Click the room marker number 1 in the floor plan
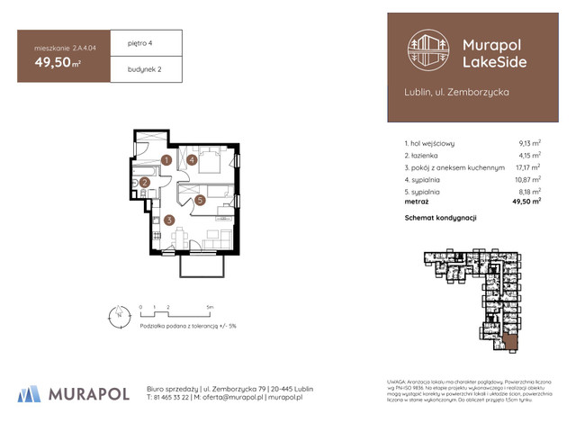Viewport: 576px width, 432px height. tap(166, 161)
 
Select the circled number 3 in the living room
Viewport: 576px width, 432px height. tap(168, 220)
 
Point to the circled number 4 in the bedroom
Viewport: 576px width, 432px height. tap(193, 160)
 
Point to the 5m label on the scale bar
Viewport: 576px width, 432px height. tap(210, 307)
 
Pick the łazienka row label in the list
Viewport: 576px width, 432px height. tap(428, 155)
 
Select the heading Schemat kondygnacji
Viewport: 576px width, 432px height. tap(440, 218)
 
